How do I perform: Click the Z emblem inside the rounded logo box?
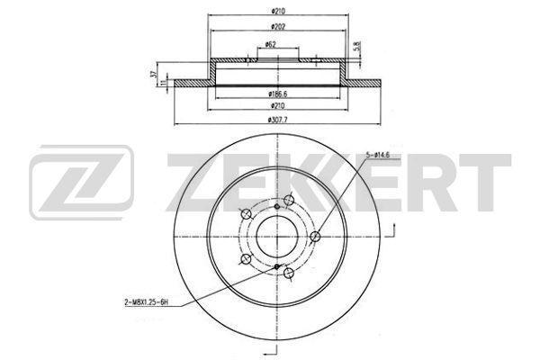(82, 185)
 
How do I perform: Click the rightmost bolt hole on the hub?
(316, 238)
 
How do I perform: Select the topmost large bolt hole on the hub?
(288, 202)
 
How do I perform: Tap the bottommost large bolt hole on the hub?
(288, 274)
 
